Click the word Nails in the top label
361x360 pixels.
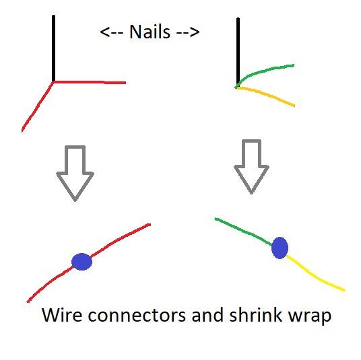click(150, 32)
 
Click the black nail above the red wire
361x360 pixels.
click(53, 48)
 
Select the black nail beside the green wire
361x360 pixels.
click(238, 52)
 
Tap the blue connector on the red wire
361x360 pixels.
click(81, 262)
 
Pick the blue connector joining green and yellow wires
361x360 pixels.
click(280, 248)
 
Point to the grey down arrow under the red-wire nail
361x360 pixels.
click(75, 173)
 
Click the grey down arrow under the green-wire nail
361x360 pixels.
click(251, 167)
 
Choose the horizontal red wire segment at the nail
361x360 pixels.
click(90, 82)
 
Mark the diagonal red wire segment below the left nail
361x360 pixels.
click(37, 107)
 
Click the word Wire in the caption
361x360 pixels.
click(62, 315)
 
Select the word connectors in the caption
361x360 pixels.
click(137, 315)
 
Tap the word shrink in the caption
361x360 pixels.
click(255, 315)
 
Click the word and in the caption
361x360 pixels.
click(207, 315)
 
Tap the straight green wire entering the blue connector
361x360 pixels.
click(244, 231)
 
